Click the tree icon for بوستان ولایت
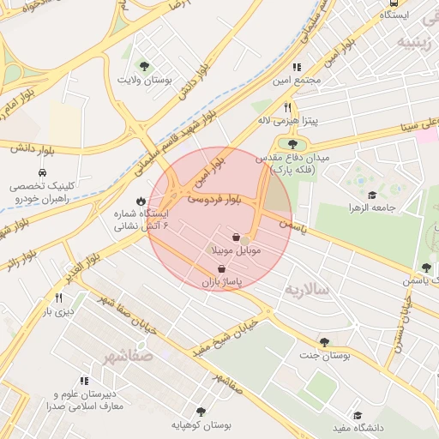(x=144, y=65)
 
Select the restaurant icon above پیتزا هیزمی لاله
(x=288, y=108)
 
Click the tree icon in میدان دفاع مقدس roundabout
(x=292, y=144)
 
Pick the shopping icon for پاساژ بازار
(x=222, y=268)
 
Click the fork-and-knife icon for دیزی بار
(x=58, y=298)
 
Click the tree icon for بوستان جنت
(x=324, y=341)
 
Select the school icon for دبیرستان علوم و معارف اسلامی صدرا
(x=84, y=381)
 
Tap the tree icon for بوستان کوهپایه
(x=201, y=412)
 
